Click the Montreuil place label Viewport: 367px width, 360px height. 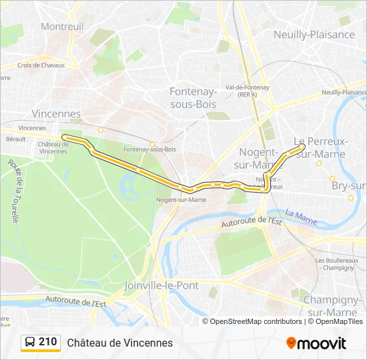tap(62, 26)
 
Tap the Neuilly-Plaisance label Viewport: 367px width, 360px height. tap(314, 34)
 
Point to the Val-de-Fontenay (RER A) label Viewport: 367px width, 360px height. tap(247, 91)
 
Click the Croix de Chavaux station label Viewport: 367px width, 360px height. tap(41, 65)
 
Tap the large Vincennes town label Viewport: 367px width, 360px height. tap(56, 114)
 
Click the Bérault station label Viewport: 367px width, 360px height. tap(15, 139)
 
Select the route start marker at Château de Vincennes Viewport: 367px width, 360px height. tap(65, 137)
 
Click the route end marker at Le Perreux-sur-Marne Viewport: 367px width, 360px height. tap(302, 146)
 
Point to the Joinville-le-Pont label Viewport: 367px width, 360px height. tap(161, 285)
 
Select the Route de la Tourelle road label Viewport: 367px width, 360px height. tap(14, 191)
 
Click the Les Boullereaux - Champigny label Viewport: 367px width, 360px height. tap(340, 263)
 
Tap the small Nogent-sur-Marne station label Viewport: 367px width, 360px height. tap(181, 199)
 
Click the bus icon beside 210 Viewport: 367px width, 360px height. tap(30, 343)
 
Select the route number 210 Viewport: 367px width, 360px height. tap(48, 342)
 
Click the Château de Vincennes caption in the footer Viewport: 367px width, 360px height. tap(119, 343)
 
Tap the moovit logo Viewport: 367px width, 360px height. tap(316, 343)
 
